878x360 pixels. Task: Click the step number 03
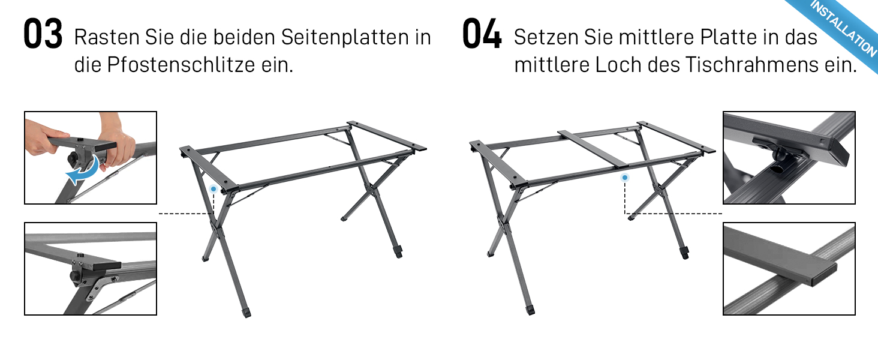43,34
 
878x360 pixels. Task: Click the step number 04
482,34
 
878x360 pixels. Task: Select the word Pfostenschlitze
181,65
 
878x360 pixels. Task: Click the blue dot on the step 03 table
214,189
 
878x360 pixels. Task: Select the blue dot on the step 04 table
625,178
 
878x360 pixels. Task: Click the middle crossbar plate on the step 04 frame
594,149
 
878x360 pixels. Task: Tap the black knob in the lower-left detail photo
75,275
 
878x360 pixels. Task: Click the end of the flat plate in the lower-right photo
821,277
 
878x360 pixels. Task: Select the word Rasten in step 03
107,38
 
